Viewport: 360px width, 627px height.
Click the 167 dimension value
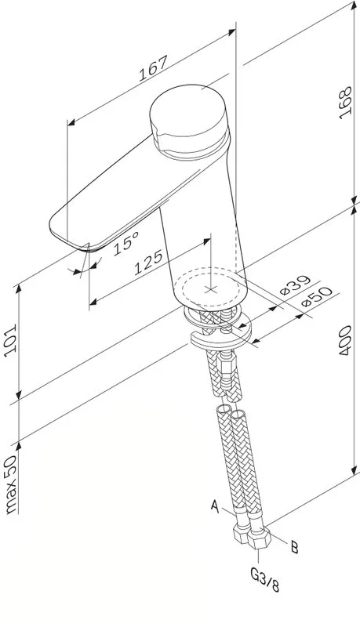coord(152,69)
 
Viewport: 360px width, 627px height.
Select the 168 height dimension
coord(345,103)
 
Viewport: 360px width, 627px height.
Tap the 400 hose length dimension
coord(345,341)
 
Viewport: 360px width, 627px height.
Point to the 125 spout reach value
coord(148,263)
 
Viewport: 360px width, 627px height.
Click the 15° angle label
coord(125,243)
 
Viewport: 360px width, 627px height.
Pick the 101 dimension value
coord(10,338)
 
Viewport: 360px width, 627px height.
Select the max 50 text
coord(11,484)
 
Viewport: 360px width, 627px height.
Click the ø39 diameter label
coord(295,285)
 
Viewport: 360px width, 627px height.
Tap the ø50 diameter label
coord(317,296)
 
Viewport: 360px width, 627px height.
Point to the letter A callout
coord(215,506)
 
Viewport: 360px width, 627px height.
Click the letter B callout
coord(294,547)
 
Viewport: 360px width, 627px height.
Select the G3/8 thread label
coord(265,580)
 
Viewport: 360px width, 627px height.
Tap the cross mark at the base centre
coord(210,289)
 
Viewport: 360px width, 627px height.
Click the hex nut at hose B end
coord(259,537)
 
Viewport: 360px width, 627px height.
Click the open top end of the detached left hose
coord(223,410)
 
